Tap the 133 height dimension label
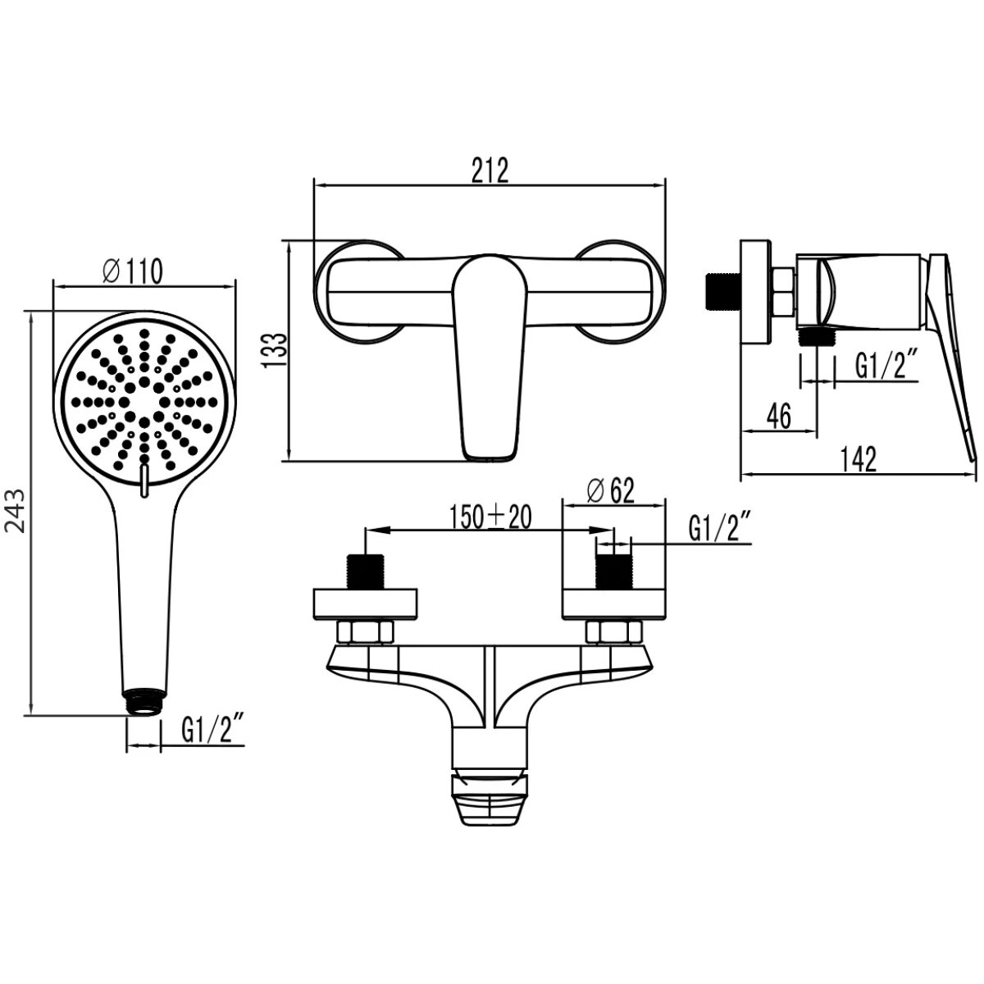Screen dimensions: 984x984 [x=274, y=350]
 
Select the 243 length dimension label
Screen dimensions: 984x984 [x=16, y=511]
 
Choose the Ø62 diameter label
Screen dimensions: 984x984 [x=610, y=491]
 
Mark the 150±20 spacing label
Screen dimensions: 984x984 [x=490, y=517]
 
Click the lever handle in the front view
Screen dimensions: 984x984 [x=490, y=358]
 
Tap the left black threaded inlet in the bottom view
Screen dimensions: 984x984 [x=366, y=571]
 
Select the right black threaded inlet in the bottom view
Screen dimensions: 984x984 [x=613, y=571]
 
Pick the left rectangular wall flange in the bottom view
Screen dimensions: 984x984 [x=366, y=604]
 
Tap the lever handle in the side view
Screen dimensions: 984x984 [x=950, y=357]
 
